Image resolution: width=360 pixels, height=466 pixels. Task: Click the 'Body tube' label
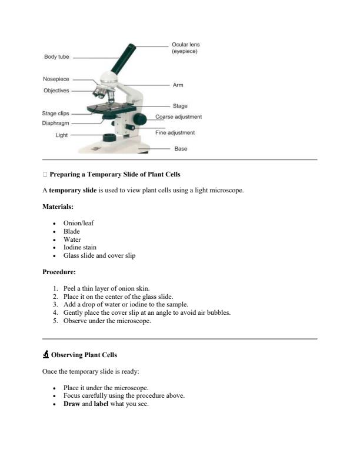(56, 57)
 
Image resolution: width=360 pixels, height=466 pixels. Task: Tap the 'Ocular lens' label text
(185, 45)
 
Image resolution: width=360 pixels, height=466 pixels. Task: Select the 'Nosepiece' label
(56, 79)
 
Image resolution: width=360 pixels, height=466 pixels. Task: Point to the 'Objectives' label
(56, 91)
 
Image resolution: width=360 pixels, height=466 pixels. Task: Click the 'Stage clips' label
(55, 113)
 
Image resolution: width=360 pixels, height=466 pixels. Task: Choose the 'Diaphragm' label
(55, 124)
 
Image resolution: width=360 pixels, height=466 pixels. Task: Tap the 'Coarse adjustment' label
(178, 116)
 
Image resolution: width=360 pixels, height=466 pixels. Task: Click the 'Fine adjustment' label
(175, 133)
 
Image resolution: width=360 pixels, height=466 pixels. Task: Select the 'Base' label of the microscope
(181, 149)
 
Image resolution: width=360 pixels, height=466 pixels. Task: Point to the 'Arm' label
(178, 85)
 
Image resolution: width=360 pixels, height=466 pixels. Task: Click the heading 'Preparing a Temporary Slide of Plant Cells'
(115, 175)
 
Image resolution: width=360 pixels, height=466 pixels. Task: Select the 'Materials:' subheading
(58, 207)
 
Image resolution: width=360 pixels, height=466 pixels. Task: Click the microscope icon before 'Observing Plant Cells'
(46, 355)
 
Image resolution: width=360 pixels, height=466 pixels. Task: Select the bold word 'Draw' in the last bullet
(71, 404)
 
